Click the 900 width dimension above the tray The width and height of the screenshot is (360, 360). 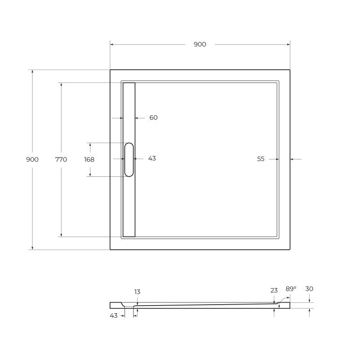click(200, 44)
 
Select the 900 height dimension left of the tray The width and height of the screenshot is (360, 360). click(32, 159)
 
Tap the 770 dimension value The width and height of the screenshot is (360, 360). click(61, 159)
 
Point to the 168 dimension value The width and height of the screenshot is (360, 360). click(89, 159)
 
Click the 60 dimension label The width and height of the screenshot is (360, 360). click(153, 117)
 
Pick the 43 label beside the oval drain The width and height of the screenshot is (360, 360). click(152, 158)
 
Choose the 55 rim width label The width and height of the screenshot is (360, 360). click(261, 159)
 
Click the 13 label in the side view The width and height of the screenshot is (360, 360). click(137, 292)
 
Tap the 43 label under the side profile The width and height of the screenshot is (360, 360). click(113, 315)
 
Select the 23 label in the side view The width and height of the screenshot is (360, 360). click(274, 290)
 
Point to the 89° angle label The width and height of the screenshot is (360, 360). click(291, 288)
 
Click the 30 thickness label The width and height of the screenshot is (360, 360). click(309, 288)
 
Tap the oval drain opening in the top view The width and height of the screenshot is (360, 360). click(129, 159)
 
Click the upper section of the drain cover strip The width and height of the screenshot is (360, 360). click(129, 112)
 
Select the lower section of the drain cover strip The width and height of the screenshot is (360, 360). click(129, 207)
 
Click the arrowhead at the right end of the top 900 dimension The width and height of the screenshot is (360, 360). click(288, 44)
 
